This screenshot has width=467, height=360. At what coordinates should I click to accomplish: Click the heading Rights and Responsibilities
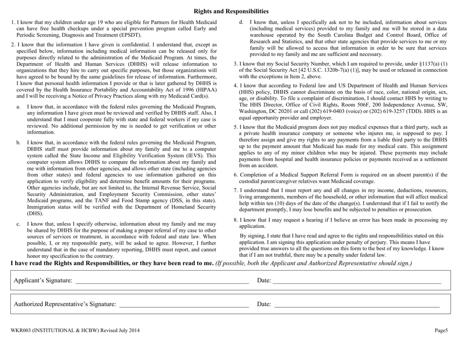pyautogui.click(x=231, y=11)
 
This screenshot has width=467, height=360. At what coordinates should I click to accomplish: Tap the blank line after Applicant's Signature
pyautogui.click(x=162, y=282)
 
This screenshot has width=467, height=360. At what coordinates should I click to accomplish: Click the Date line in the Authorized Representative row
pyautogui.click(x=356, y=307)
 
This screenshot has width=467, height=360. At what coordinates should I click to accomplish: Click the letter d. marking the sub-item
pyautogui.click(x=241, y=22)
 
